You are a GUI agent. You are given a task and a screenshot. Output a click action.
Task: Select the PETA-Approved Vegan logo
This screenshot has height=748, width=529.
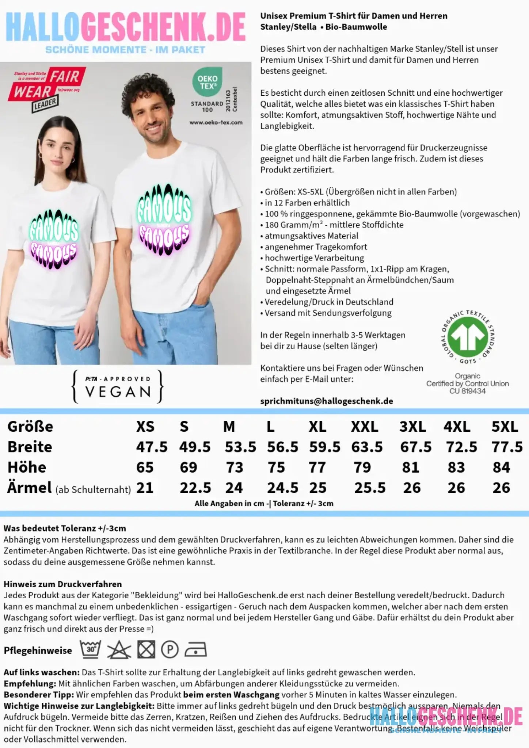(118, 386)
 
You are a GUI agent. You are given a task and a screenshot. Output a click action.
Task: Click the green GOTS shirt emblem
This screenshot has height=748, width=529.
(468, 337)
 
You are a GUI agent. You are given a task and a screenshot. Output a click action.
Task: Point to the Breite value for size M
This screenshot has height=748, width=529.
(240, 447)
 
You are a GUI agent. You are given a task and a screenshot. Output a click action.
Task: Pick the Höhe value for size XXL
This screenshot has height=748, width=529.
(362, 467)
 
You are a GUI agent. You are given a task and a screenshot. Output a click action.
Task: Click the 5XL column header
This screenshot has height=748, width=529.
(505, 427)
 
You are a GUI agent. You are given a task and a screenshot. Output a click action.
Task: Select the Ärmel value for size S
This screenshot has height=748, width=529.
(195, 488)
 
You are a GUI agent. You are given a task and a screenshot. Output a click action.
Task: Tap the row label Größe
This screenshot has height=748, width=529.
(30, 427)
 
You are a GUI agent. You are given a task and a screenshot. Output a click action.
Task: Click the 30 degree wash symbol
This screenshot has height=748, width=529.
(91, 650)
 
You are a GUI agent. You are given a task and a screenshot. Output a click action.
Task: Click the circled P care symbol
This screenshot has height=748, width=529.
(170, 650)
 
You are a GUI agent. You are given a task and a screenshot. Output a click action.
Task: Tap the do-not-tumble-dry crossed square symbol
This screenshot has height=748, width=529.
(146, 650)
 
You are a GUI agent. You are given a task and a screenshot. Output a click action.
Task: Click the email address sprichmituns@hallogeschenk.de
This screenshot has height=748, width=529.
(327, 401)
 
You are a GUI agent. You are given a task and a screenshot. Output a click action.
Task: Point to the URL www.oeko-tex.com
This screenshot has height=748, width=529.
(216, 122)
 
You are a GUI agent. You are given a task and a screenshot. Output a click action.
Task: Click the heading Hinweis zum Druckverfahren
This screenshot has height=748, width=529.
(62, 584)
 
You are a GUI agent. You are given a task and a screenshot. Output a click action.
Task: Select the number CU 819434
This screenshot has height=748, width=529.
(467, 391)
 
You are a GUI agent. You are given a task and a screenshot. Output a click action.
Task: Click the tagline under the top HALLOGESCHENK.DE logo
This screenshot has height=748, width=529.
(125, 50)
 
